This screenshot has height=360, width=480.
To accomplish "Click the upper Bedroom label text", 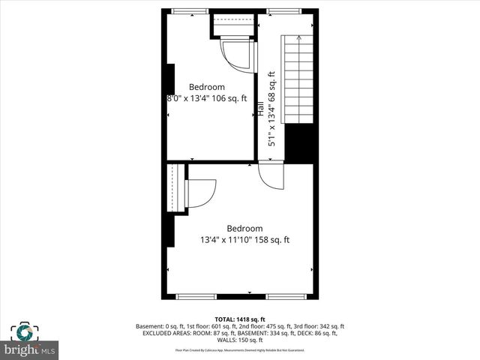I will tap(206, 87).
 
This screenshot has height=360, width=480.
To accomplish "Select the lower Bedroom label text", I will tap(244, 229).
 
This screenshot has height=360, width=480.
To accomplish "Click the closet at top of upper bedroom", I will tap(233, 25).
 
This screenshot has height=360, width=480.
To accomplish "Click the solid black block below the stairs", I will tap(299, 143).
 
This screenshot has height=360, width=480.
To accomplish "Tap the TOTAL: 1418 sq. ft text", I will tap(240, 319).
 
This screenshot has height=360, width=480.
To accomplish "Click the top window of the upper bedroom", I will tap(187, 10).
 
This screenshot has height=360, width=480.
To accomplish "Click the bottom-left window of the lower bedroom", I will tap(196, 297).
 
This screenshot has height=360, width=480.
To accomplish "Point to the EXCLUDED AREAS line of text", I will tap(240, 334).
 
